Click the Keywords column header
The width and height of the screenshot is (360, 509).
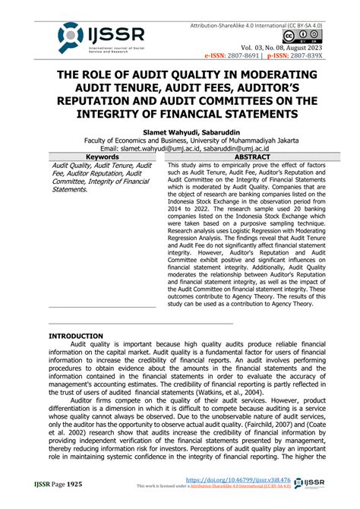(x=102, y=155)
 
